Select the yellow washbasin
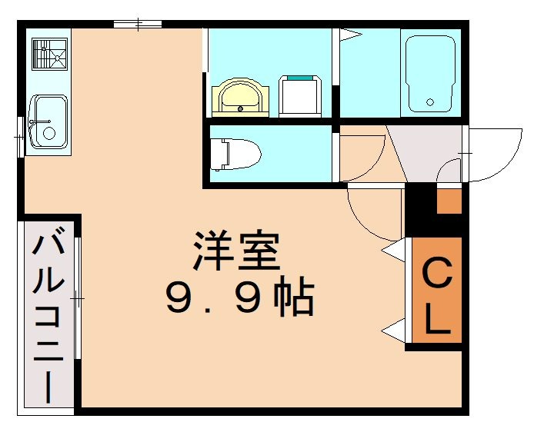click(240, 98)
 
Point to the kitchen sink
click(47, 122)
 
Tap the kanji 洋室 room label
click(235, 251)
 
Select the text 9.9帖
click(239, 298)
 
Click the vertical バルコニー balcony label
click(48, 316)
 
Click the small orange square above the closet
click(449, 201)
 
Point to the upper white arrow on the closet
click(393, 251)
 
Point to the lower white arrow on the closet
click(393, 331)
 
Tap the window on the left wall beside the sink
click(21, 138)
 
